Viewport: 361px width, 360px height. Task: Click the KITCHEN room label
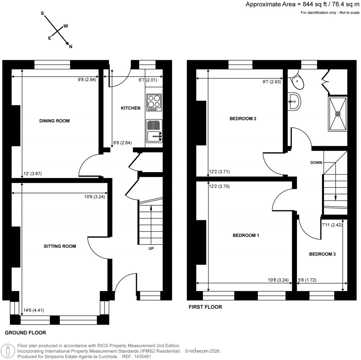(131, 108)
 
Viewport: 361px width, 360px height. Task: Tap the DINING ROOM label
(54, 121)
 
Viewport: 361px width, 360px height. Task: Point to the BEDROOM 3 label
(322, 254)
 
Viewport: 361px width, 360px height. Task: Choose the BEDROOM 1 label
(246, 235)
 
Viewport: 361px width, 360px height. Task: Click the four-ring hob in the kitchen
(154, 102)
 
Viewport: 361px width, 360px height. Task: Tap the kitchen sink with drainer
(154, 131)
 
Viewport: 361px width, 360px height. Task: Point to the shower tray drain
(338, 114)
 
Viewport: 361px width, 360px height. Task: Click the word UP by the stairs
(151, 248)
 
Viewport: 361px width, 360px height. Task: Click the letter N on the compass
(71, 47)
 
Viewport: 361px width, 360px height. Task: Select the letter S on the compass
(42, 13)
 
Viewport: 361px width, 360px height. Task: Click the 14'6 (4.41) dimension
(33, 310)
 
